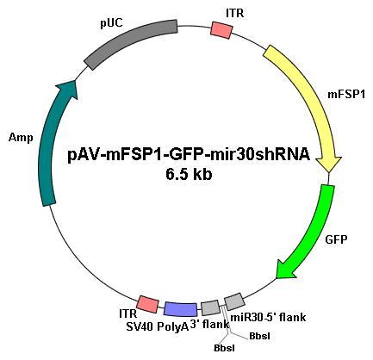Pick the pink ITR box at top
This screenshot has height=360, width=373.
click(221, 29)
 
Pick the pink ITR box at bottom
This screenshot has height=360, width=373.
click(147, 305)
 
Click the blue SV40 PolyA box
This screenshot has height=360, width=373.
click(181, 309)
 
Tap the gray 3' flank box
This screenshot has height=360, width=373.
click(210, 307)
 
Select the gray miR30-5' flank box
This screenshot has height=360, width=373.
click(234, 301)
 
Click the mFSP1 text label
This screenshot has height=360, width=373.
click(346, 95)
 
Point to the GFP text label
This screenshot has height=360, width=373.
click(336, 239)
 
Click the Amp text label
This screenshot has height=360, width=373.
click(21, 138)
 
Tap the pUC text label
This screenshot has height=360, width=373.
click(111, 23)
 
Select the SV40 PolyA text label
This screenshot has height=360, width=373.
click(158, 326)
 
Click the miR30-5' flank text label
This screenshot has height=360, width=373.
click(268, 318)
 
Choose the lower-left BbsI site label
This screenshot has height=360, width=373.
click(224, 348)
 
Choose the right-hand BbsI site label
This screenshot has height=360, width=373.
click(259, 336)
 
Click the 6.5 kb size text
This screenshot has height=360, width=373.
click(189, 174)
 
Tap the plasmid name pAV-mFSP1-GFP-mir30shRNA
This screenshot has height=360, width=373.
click(189, 155)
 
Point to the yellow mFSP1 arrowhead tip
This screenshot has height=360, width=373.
click(329, 172)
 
